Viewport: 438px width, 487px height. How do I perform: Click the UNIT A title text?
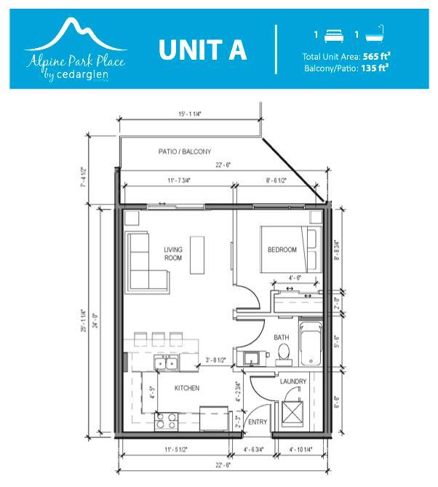pos(203,50)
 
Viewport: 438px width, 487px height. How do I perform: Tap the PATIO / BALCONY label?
pos(185,151)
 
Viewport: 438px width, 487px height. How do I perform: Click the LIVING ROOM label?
pos(172,254)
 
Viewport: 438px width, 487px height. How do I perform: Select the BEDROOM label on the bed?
pos(282,250)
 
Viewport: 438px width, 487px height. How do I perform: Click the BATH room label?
pos(282,338)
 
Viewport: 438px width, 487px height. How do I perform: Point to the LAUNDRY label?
pos(293,381)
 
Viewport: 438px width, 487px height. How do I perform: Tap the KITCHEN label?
pos(187,388)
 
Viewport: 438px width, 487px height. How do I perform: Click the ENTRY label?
pos(258,422)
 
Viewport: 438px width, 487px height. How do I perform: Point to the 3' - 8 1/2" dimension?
pos(215,360)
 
